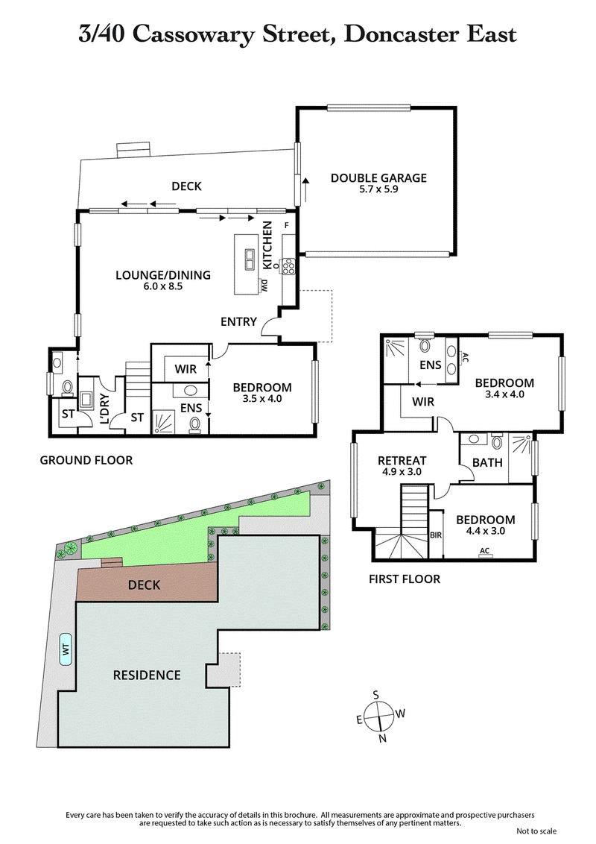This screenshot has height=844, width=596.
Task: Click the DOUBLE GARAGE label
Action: [378, 177]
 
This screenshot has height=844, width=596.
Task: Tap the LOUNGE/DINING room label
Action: [162, 275]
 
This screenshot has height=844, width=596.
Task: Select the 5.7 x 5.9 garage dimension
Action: [378, 189]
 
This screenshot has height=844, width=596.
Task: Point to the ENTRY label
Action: [238, 322]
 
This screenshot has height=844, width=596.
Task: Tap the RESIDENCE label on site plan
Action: [146, 675]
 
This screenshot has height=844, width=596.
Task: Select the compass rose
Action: [380, 714]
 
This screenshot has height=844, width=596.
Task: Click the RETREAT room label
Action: [401, 459]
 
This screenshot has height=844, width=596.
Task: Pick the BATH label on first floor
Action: [487, 463]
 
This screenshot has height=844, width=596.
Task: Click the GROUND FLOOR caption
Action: [86, 461]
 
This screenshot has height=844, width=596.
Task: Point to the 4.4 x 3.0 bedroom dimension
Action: [485, 532]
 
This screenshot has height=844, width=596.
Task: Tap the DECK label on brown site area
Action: [144, 585]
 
